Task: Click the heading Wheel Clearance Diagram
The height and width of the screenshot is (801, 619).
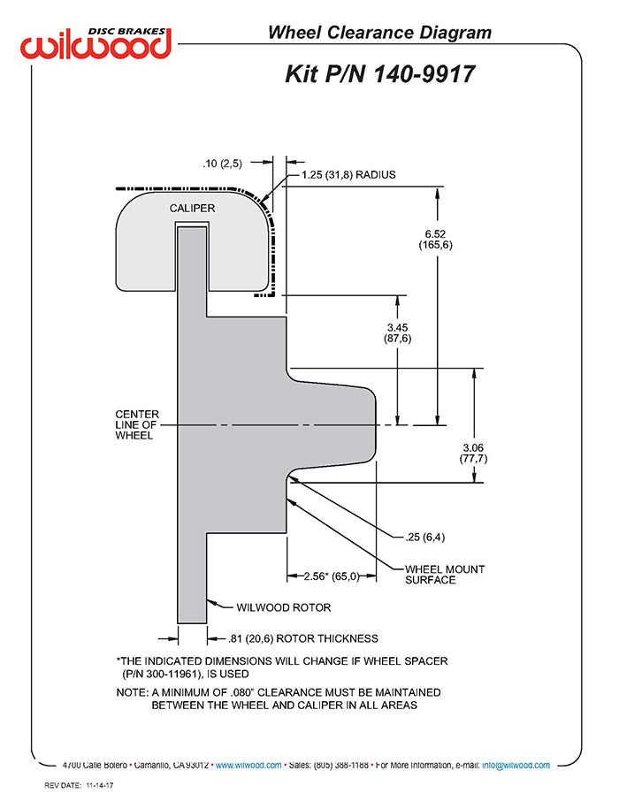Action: click(379, 33)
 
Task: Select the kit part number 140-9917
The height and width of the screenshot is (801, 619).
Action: click(424, 74)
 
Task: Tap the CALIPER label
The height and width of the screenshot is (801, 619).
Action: click(192, 209)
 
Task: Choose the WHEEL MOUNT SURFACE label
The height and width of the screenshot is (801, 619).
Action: click(445, 575)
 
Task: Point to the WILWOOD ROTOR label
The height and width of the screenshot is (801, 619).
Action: click(284, 608)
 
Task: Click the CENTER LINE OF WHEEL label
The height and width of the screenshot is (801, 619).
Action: click(137, 424)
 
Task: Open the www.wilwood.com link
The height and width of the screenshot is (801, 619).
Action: click(248, 766)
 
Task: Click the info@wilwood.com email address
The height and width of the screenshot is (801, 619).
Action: click(516, 766)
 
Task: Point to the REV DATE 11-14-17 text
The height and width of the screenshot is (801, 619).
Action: click(79, 786)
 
